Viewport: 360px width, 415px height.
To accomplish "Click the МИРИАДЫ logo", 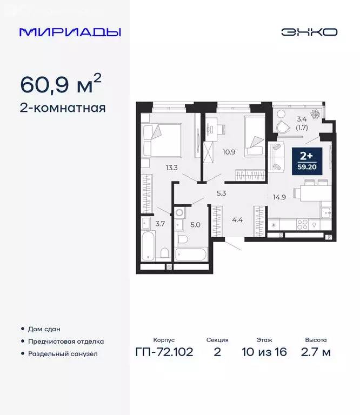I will coord(70,32).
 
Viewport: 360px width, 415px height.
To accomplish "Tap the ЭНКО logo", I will coord(309,32).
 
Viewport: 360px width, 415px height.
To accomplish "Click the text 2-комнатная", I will coord(63,108).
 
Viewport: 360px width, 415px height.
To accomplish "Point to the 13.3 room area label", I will coord(172,168).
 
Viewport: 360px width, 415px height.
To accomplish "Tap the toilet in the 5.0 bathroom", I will coord(183,238).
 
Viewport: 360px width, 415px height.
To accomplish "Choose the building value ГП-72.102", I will coord(164,353).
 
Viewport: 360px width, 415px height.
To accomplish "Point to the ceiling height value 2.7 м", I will coord(317,353).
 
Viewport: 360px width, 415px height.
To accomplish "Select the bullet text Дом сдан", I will coord(45,329).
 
